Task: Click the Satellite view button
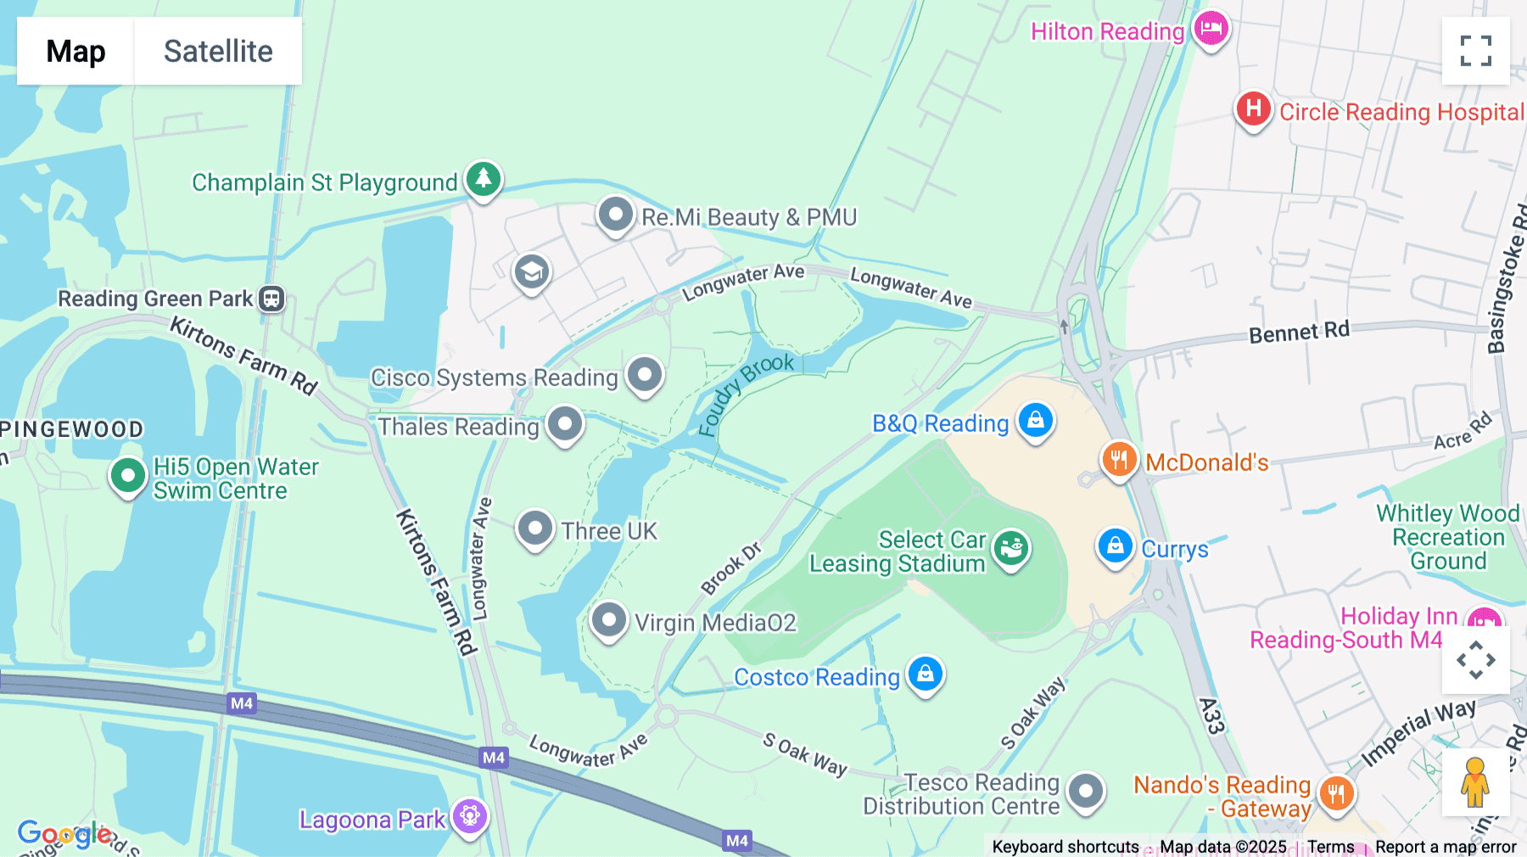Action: click(218, 51)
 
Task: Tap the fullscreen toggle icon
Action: click(1475, 51)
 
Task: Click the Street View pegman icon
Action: click(1475, 782)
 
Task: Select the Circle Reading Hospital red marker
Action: click(1253, 109)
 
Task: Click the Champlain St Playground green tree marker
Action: click(484, 179)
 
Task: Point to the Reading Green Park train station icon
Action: click(271, 299)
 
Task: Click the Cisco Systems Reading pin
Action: click(645, 374)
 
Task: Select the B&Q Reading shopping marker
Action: click(1035, 420)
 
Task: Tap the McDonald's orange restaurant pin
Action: click(1119, 460)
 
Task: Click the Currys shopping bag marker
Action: click(1115, 546)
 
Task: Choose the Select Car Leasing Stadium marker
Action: click(1011, 548)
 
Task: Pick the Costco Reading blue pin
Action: click(926, 675)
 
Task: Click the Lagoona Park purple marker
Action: click(470, 817)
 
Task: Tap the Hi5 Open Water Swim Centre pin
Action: click(128, 476)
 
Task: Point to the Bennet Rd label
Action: click(1299, 332)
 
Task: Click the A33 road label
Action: click(1212, 715)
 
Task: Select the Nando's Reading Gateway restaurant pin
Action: click(1336, 795)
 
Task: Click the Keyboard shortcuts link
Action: click(1065, 846)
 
